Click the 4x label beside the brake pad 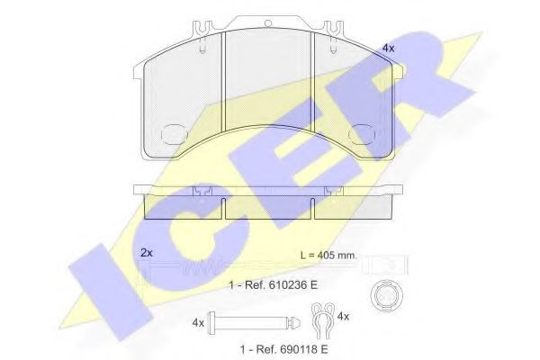point(389,49)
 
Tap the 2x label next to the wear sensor point(147,253)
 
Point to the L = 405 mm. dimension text point(328,256)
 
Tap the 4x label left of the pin point(198,323)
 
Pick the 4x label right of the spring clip point(343,316)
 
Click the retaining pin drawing point(254,323)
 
